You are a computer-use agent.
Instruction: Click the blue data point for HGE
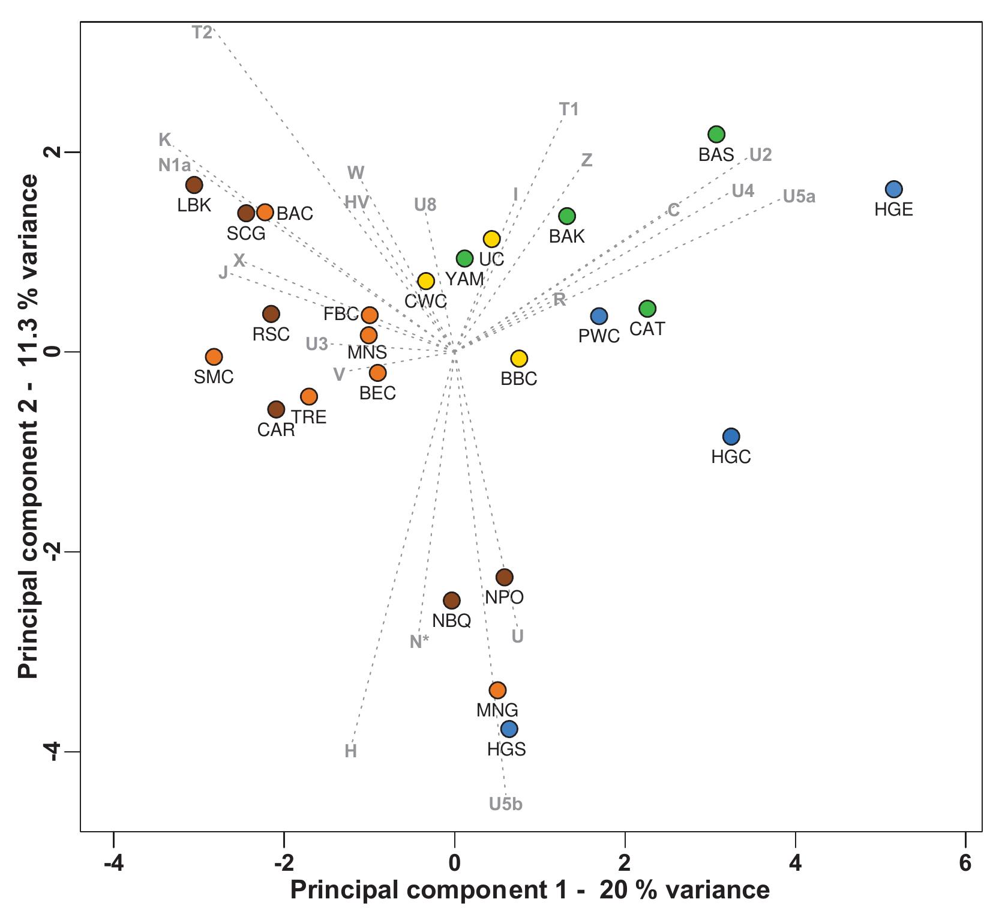click(x=893, y=189)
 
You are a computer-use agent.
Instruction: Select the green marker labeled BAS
click(x=716, y=134)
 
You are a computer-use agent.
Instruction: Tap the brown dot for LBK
click(x=194, y=185)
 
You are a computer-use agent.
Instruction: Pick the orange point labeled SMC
click(x=214, y=357)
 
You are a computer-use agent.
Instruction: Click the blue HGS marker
click(x=509, y=729)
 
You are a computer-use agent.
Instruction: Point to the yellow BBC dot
click(x=519, y=359)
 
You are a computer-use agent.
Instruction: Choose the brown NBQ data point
click(x=451, y=601)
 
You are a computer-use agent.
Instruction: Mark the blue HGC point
click(x=731, y=437)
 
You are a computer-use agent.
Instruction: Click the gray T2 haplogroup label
click(x=202, y=32)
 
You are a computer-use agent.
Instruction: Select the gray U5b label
click(x=506, y=804)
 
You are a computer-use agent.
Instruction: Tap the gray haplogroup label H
click(x=350, y=751)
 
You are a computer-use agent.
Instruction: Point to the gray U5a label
click(x=799, y=197)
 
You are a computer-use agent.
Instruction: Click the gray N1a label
click(x=175, y=165)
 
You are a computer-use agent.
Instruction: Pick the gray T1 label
click(x=569, y=109)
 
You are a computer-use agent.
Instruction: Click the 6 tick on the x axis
click(x=965, y=863)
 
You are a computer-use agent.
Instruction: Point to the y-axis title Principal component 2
click(x=28, y=426)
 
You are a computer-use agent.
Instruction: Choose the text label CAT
click(x=647, y=329)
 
